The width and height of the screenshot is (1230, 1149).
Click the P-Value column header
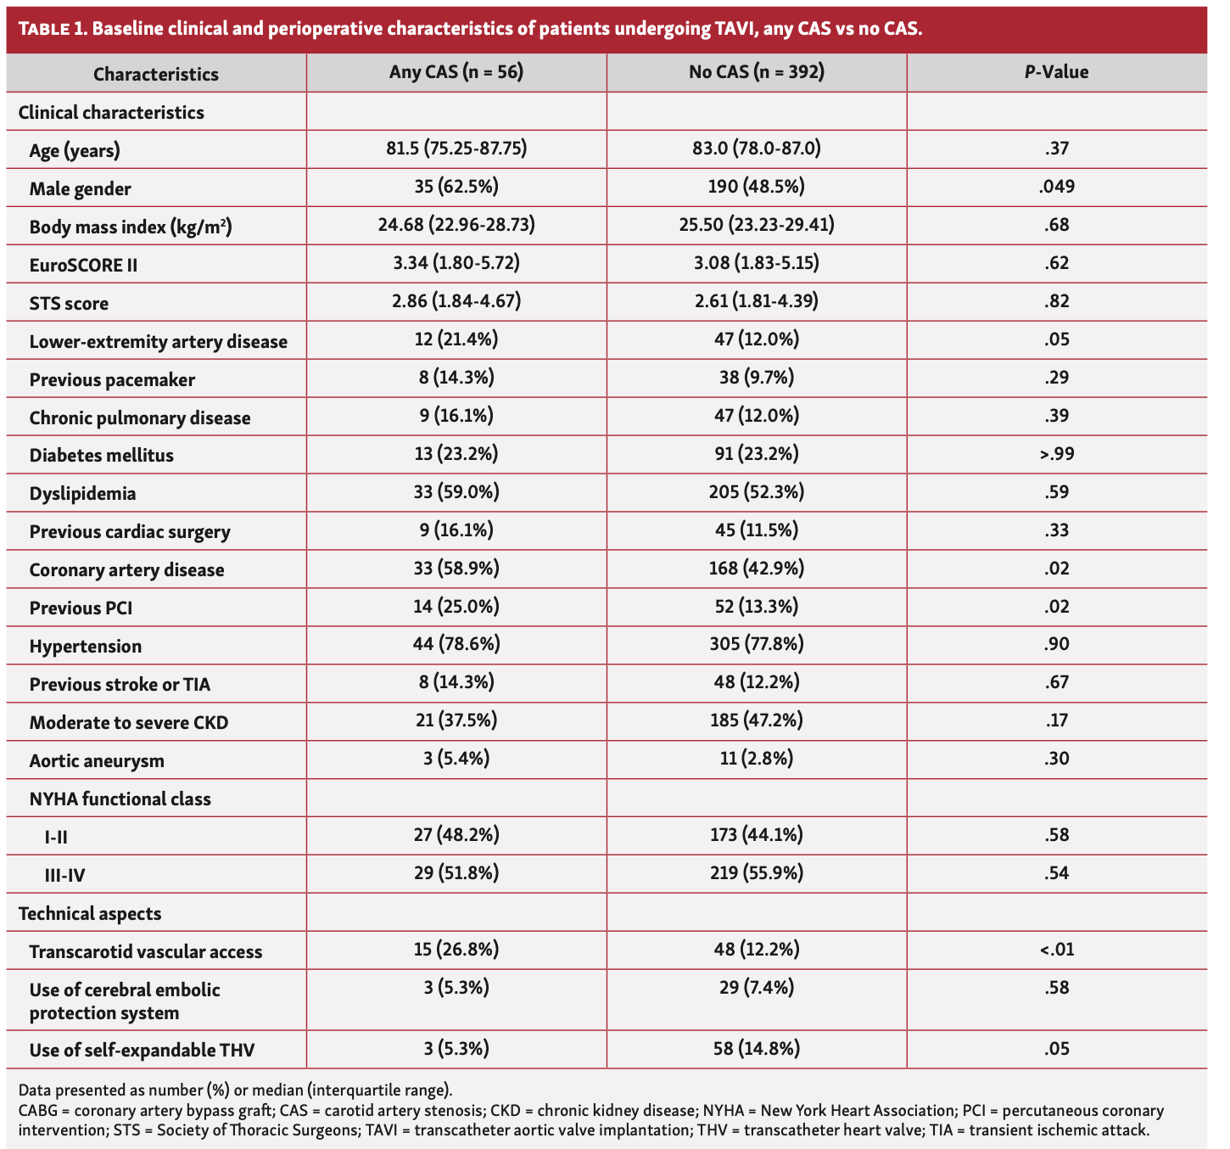[x=1056, y=72]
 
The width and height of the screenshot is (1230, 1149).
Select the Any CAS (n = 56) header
[x=456, y=72]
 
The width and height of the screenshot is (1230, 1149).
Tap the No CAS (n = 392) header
[x=757, y=72]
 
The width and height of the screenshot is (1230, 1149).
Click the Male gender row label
[x=81, y=188]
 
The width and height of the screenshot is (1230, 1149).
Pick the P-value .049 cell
[x=1056, y=187]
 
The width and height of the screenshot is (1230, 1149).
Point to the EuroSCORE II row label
[x=83, y=265]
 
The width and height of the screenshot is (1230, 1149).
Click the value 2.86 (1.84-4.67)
[x=456, y=301]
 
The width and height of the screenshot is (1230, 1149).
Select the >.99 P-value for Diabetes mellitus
[x=1056, y=454]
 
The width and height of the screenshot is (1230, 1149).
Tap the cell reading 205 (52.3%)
[x=757, y=492]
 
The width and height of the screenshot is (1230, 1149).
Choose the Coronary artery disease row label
[x=126, y=569]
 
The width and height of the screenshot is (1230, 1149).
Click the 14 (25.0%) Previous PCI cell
[x=456, y=607]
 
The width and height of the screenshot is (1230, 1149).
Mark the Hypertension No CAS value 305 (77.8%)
[x=757, y=645]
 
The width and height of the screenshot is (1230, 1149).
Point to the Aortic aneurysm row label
[x=97, y=760]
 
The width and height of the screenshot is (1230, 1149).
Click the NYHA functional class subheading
[x=120, y=799]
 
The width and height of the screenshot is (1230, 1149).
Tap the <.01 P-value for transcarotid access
[x=1056, y=950]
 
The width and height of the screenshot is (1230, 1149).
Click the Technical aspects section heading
[x=89, y=913]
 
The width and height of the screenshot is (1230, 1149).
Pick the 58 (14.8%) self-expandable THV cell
[x=757, y=1049]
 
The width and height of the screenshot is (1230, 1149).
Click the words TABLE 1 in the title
[x=51, y=30]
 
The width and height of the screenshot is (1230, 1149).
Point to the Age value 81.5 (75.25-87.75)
[x=456, y=149]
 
